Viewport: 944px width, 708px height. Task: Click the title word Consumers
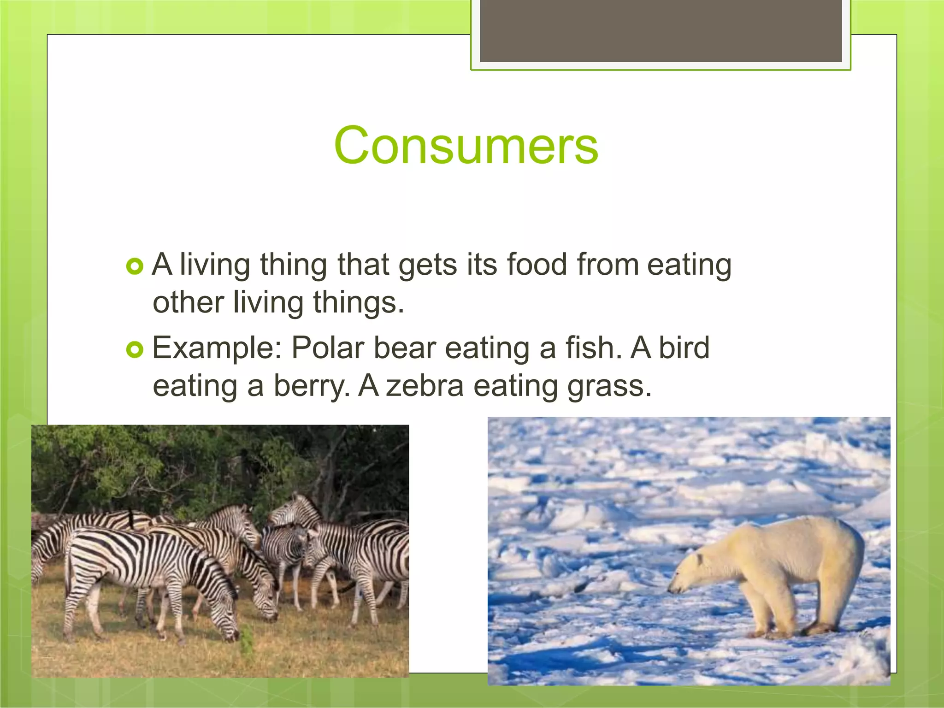(x=466, y=146)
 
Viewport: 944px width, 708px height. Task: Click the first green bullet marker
(x=135, y=266)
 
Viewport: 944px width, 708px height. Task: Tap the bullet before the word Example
(x=135, y=350)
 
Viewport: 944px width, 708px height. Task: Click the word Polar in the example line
(x=328, y=348)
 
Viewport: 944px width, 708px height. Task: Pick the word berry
(x=312, y=386)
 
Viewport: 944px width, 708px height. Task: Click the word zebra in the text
(x=425, y=386)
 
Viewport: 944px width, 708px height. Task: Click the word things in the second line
(x=358, y=303)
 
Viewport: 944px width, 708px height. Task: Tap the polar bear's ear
(x=700, y=559)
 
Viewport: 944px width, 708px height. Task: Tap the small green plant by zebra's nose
(x=247, y=638)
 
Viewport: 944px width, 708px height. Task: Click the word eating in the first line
(x=689, y=265)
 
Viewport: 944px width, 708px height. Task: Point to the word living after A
(x=215, y=265)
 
